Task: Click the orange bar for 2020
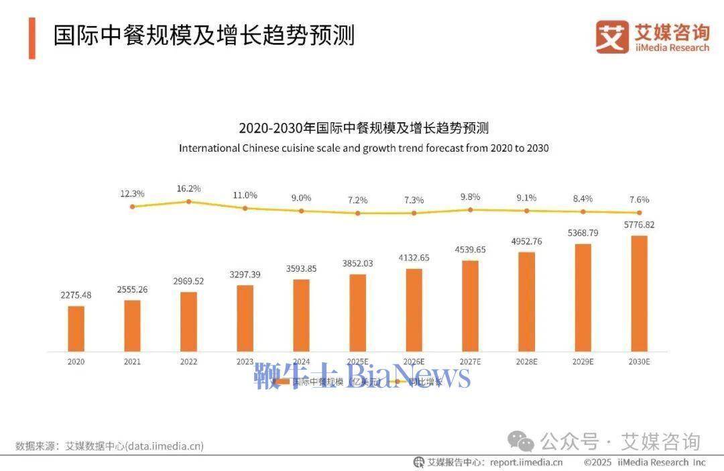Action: click(76, 328)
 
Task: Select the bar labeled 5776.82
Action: click(640, 293)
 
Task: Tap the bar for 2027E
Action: click(471, 305)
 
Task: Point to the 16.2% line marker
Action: click(189, 201)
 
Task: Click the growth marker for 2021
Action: click(133, 207)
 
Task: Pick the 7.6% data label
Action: click(639, 199)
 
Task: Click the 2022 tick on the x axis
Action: click(189, 362)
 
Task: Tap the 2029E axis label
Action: click(583, 362)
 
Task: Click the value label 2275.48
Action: click(76, 295)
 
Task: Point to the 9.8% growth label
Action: click(470, 197)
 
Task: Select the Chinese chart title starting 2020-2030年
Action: click(363, 127)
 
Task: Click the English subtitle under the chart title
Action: click(363, 148)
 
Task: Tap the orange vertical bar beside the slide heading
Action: click(32, 38)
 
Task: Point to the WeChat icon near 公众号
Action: click(521, 441)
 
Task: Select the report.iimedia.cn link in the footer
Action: click(526, 462)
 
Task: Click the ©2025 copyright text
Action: click(599, 462)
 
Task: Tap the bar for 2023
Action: click(245, 318)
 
